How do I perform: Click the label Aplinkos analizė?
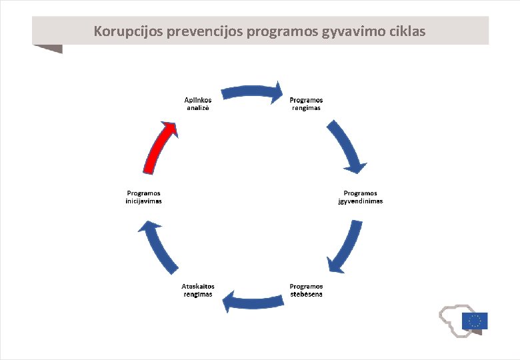pyautogui.click(x=197, y=104)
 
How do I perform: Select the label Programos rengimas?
pyautogui.click(x=306, y=104)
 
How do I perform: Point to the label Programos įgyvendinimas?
pyautogui.click(x=361, y=197)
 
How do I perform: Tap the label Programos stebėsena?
pyautogui.click(x=306, y=291)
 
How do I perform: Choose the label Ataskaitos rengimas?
pyautogui.click(x=198, y=291)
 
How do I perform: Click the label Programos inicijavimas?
pyautogui.click(x=143, y=197)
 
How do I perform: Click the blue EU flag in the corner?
pyautogui.click(x=474, y=321)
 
